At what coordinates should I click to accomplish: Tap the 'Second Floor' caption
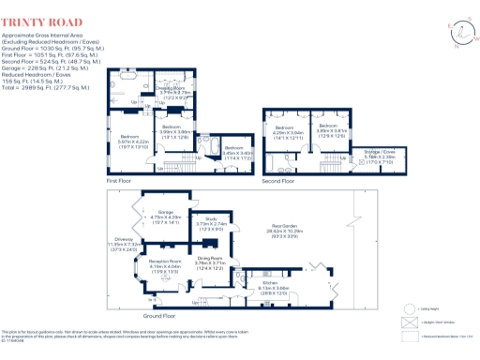click(278, 181)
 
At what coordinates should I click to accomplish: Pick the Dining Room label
click(208, 260)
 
